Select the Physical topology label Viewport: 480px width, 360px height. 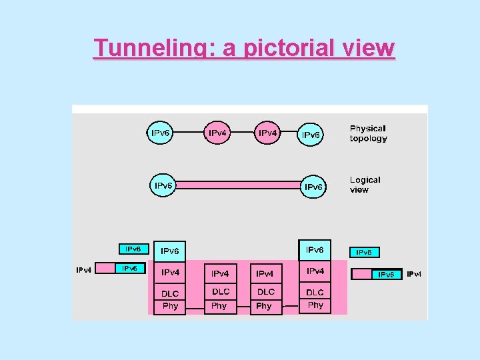(x=368, y=133)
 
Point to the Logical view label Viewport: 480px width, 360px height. (x=365, y=185)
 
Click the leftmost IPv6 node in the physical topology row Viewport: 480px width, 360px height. (x=161, y=133)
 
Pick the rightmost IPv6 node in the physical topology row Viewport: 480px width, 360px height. (x=311, y=135)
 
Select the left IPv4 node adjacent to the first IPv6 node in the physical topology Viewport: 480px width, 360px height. (x=217, y=133)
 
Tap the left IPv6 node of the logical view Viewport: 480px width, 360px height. (x=163, y=185)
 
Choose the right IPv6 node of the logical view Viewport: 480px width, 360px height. (x=313, y=187)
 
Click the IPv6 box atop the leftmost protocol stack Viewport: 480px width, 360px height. (x=170, y=251)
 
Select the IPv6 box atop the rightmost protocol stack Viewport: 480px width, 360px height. (x=315, y=250)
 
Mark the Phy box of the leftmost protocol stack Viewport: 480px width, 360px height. (x=170, y=307)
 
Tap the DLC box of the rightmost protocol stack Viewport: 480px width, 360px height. (x=315, y=292)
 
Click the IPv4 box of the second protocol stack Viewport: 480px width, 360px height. (x=220, y=273)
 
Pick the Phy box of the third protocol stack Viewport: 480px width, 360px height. (x=265, y=307)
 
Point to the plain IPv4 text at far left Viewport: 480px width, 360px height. (x=83, y=270)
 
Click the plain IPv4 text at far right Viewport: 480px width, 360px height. (x=414, y=274)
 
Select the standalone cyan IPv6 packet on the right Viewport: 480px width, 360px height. (x=364, y=253)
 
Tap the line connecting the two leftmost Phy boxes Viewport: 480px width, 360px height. (x=195, y=309)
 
